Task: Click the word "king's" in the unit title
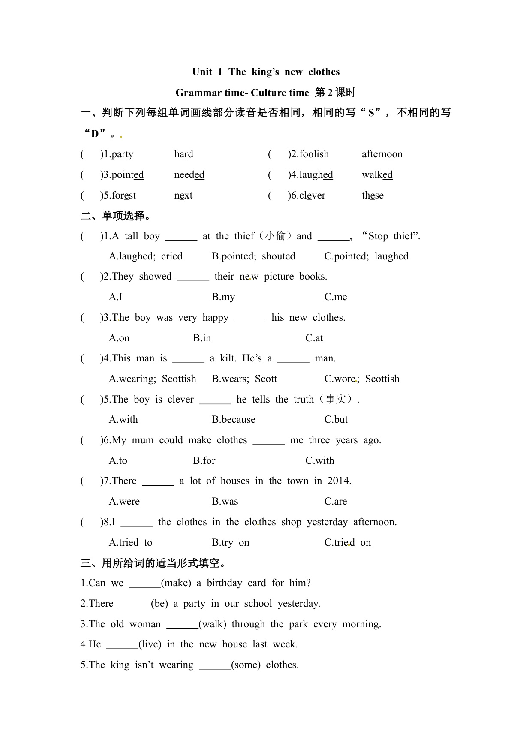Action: pos(265,72)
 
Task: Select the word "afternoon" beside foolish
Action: pos(382,154)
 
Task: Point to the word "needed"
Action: pos(189,174)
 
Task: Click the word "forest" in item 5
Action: pos(123,195)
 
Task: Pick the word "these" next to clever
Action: pos(373,195)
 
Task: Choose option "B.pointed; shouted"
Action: pos(253,256)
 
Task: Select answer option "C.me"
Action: pos(336,297)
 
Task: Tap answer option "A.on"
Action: pos(119,338)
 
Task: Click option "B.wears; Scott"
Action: pos(244,379)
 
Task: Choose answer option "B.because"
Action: pos(234,419)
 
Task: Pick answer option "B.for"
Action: pos(204,460)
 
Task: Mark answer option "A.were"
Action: pos(124,501)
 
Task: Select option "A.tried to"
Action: pos(131,542)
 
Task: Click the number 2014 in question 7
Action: pos(339,481)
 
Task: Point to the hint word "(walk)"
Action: pos(213,624)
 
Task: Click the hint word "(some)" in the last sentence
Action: pos(246,665)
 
